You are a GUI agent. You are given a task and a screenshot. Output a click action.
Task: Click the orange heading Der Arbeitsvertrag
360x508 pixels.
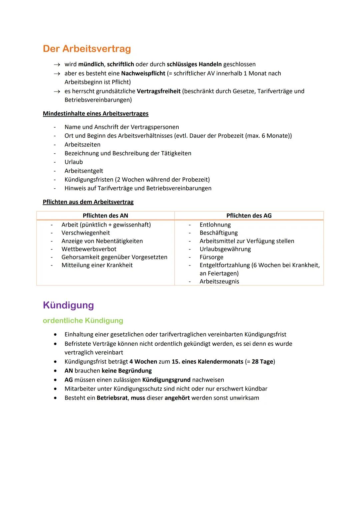[87, 49]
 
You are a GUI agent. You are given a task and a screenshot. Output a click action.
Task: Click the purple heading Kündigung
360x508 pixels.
[68, 305]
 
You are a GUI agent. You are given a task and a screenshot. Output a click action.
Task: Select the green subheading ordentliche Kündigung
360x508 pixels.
[83, 320]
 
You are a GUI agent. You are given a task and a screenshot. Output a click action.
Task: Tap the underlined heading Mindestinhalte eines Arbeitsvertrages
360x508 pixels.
[95, 113]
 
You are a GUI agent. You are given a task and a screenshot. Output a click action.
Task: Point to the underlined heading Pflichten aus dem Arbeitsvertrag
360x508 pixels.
[88, 202]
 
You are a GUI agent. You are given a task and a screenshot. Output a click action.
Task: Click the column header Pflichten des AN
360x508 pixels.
[105, 216]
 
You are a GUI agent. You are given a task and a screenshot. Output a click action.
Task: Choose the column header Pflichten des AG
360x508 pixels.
[249, 216]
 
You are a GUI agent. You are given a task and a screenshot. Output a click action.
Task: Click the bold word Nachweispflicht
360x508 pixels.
[143, 73]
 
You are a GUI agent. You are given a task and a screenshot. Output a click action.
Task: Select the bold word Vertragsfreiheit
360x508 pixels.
[159, 91]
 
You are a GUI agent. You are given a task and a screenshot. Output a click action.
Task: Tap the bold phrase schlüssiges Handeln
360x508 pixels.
[194, 64]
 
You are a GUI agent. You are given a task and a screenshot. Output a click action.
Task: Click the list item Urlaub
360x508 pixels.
[74, 162]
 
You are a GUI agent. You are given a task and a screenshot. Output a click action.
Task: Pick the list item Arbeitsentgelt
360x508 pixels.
[84, 171]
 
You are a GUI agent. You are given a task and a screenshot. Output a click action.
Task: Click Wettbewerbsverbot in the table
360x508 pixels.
[89, 249]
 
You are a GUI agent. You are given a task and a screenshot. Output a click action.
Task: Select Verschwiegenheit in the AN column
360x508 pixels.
[86, 233]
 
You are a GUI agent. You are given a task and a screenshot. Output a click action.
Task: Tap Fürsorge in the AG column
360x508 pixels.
[211, 257]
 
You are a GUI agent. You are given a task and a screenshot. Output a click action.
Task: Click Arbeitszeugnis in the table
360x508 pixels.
[219, 281]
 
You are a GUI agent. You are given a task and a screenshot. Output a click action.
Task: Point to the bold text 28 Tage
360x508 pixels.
[262, 362]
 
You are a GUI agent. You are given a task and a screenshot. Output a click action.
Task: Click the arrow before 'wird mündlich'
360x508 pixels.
[57, 65]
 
